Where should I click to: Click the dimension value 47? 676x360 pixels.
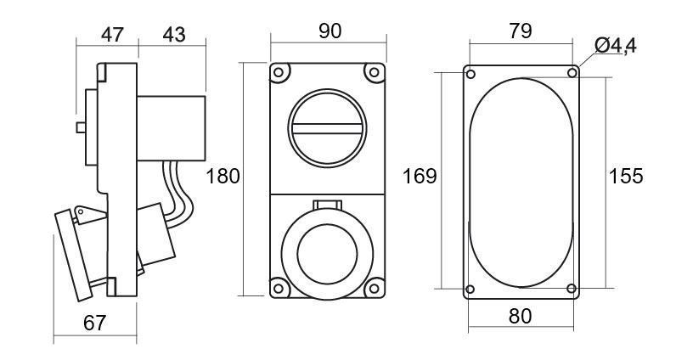coord(112,35)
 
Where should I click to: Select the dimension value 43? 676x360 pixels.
coord(174,35)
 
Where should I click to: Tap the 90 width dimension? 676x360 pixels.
coord(330,31)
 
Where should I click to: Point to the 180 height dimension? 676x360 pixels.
coord(223,177)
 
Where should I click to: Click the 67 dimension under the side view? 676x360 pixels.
coord(94,323)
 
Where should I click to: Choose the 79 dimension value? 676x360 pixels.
coord(521,31)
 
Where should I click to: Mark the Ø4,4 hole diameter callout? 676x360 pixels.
coord(615,46)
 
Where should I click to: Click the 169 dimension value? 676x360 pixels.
coord(420,177)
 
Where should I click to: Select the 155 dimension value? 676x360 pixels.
coord(626,176)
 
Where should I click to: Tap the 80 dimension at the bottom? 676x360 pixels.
coord(520,317)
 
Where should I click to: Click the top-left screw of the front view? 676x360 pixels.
coord(279,72)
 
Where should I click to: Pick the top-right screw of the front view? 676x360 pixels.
coord(375,72)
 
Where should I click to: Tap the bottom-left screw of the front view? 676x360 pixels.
coord(279,288)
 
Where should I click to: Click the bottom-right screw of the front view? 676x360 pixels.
coord(375,288)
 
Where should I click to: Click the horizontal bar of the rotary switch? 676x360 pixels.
coord(327,128)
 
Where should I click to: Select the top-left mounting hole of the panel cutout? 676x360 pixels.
coord(470,74)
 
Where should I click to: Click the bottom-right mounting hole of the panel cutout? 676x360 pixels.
coord(572,288)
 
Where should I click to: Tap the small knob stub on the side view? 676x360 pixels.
coord(81,127)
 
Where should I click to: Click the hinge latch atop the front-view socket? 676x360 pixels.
coord(328,205)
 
